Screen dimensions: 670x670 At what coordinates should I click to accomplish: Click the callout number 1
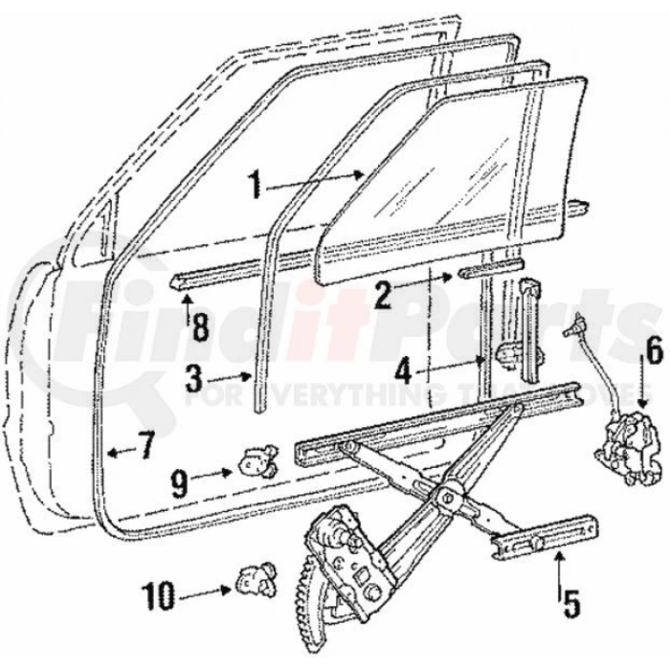254,185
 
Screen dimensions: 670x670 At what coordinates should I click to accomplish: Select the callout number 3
193,379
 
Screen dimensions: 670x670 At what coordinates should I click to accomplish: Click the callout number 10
158,598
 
